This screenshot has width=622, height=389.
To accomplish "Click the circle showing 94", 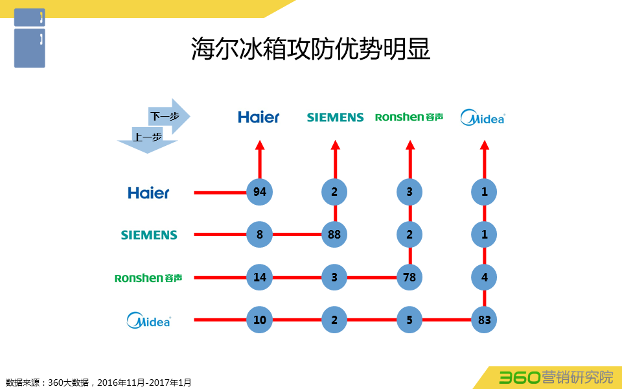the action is tap(259, 192).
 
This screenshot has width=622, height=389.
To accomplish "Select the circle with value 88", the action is tap(334, 235).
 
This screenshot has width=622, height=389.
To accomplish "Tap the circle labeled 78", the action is tap(409, 277).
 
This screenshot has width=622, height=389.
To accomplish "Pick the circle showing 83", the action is tap(484, 320).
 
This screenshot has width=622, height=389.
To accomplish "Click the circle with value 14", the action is tap(259, 277).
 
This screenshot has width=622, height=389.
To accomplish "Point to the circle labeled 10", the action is tap(259, 320).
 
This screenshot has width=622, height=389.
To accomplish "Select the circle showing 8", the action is tap(259, 235).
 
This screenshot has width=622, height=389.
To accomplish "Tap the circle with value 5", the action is tap(409, 320).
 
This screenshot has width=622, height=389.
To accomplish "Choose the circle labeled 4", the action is tap(484, 277).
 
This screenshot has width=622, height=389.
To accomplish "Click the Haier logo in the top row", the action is tap(259, 117).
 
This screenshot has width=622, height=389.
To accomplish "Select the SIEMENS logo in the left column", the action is tap(149, 235).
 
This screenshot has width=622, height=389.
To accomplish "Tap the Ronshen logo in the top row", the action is tap(409, 117).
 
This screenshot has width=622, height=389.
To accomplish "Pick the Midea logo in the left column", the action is tap(149, 320).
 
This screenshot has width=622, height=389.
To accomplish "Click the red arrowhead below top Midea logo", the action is tap(485, 145).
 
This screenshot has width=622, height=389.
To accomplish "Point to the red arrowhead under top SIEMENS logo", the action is tap(336, 145).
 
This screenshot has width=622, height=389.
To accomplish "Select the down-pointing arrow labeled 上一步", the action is tap(147, 141).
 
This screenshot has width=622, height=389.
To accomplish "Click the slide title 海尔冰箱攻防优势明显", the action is tap(310, 49).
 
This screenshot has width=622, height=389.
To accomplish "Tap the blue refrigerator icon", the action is tap(30, 38).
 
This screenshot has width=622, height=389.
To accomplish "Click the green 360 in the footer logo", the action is tap(519, 377).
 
